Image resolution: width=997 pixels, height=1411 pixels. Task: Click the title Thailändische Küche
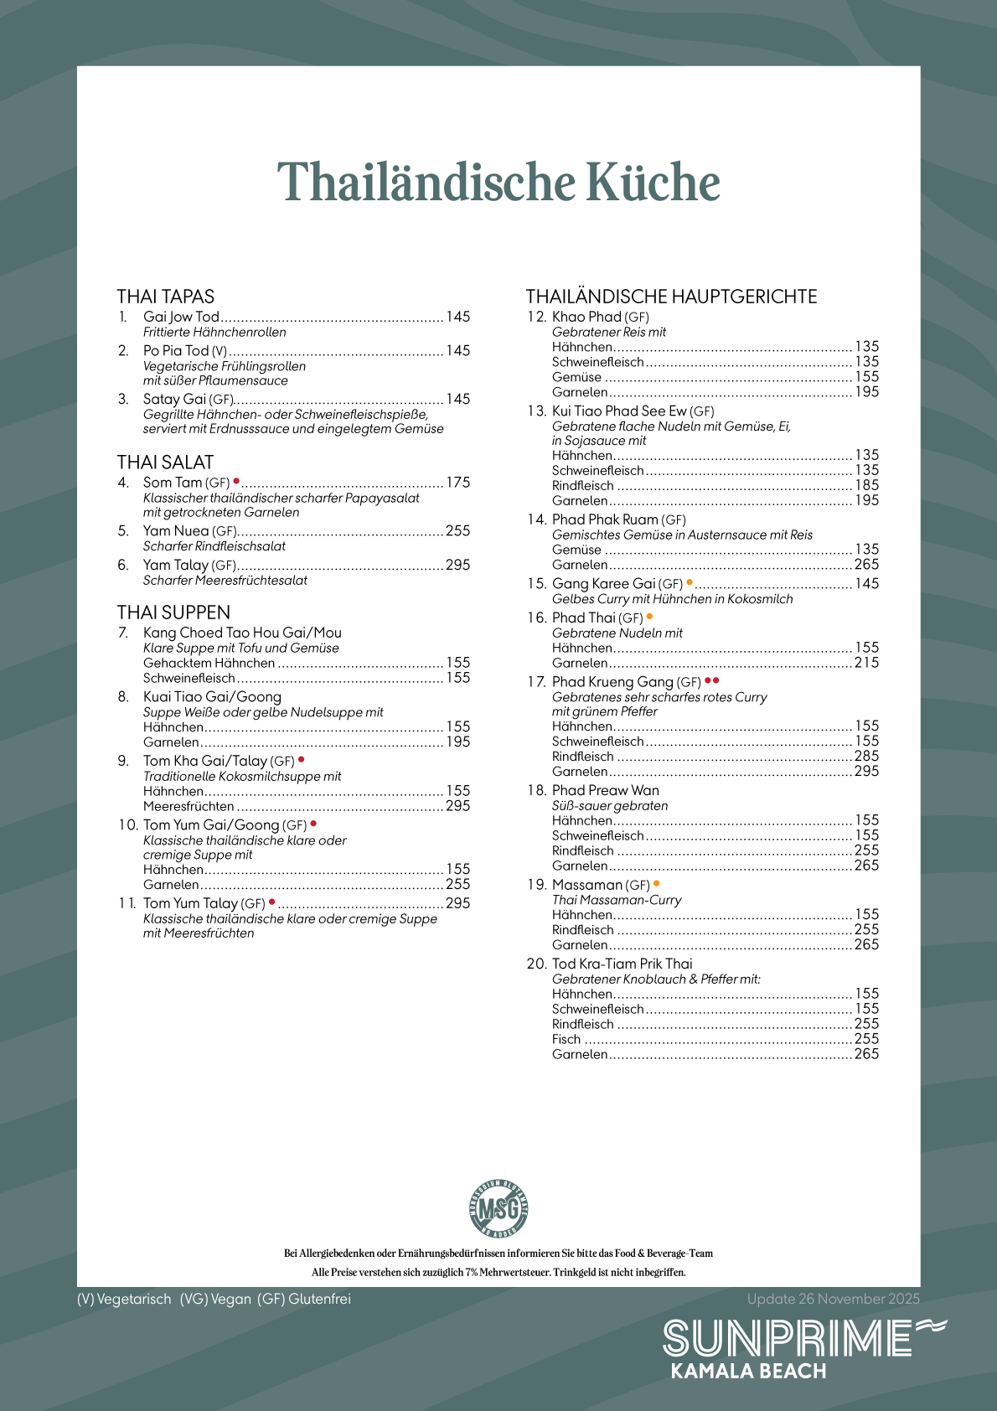tap(498, 183)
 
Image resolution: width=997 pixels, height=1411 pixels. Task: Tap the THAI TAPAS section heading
tap(166, 297)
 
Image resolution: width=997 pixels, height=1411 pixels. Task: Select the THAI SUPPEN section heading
tap(173, 612)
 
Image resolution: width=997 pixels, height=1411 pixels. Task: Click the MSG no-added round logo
tap(498, 1208)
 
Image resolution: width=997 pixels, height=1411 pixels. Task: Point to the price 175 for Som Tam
tap(457, 483)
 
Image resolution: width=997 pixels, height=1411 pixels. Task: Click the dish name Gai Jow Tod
tap(181, 317)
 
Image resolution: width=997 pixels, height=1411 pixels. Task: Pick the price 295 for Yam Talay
tap(457, 566)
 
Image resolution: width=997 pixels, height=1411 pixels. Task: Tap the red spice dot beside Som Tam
tap(236, 481)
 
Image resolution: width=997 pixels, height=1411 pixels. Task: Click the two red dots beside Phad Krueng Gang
tap(711, 680)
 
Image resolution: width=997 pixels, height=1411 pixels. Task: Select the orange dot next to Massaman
tap(656, 883)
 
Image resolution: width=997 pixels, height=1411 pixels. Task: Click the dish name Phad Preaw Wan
tap(606, 790)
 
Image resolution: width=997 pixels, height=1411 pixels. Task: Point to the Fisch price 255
tap(866, 1039)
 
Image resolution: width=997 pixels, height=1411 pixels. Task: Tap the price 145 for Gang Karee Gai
tap(866, 584)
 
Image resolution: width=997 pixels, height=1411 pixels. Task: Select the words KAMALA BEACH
tap(748, 1372)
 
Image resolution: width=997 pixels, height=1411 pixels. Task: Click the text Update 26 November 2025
tap(833, 1299)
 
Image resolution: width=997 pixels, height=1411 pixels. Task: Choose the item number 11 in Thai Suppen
tap(127, 903)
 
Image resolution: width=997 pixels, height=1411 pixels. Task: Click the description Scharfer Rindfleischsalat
tap(214, 546)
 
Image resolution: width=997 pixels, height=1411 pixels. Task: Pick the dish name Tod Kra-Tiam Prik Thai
tap(622, 964)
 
